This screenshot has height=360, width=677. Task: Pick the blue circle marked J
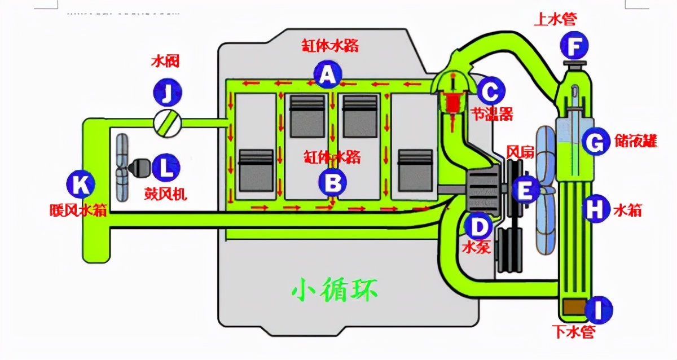[x=167, y=94]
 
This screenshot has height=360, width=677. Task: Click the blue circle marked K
[x=81, y=185]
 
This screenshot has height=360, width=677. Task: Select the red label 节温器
[x=492, y=114]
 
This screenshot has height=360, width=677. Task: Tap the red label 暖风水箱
[x=77, y=210]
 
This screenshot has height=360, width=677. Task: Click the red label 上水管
[x=555, y=19]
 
